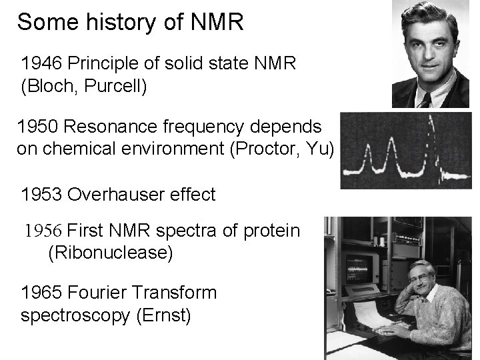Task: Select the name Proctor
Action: point(259,149)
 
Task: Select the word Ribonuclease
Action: point(106,253)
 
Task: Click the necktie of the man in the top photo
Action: point(425,99)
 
